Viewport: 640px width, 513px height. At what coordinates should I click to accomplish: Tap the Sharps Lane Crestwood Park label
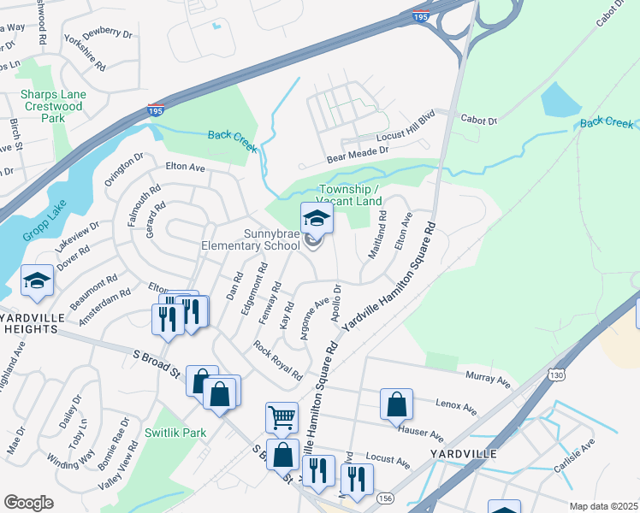point(52,106)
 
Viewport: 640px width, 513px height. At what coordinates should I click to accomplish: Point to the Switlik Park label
point(175,433)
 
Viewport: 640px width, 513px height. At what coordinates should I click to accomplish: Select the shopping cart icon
point(281,418)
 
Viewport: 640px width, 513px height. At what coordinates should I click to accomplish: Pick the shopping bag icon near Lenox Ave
point(397,404)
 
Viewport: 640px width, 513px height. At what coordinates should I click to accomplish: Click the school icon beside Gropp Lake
point(38,282)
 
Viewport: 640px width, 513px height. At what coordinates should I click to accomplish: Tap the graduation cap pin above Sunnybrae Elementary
point(317,218)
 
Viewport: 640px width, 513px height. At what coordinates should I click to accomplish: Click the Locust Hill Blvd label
point(407,131)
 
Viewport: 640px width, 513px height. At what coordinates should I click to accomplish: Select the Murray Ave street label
point(487,375)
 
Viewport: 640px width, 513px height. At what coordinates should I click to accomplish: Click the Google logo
point(28,502)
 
